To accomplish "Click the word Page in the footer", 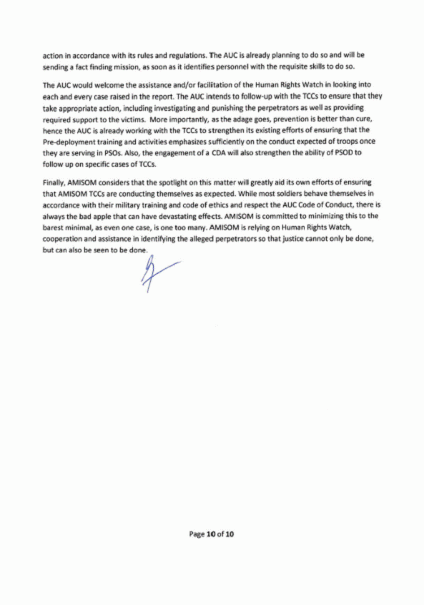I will tap(196, 534).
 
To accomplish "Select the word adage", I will tap(232, 119).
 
